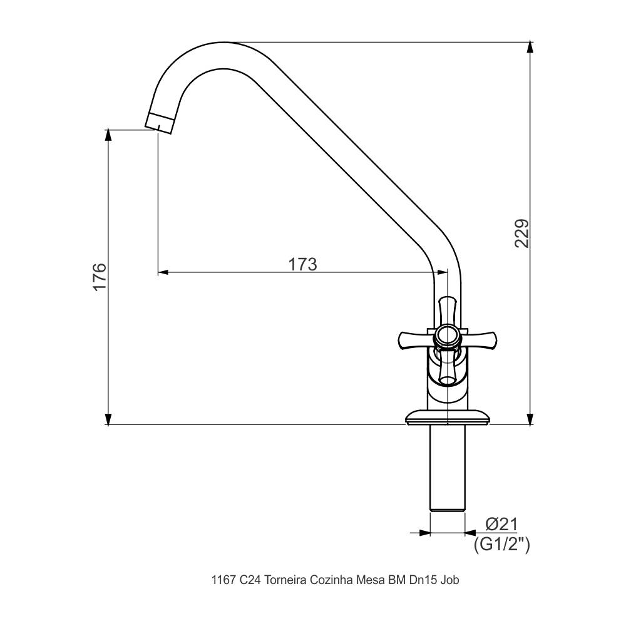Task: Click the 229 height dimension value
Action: [x=522, y=233]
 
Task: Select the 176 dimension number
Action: [x=100, y=277]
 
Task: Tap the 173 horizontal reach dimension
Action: [x=302, y=264]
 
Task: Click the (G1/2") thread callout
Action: [x=501, y=544]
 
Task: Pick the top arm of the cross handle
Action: [x=447, y=309]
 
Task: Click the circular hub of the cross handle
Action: [x=447, y=336]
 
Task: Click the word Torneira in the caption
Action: [x=285, y=580]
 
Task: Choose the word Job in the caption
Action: [x=450, y=580]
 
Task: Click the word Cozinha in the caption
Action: [x=331, y=580]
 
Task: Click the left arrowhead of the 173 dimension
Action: [x=163, y=272]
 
